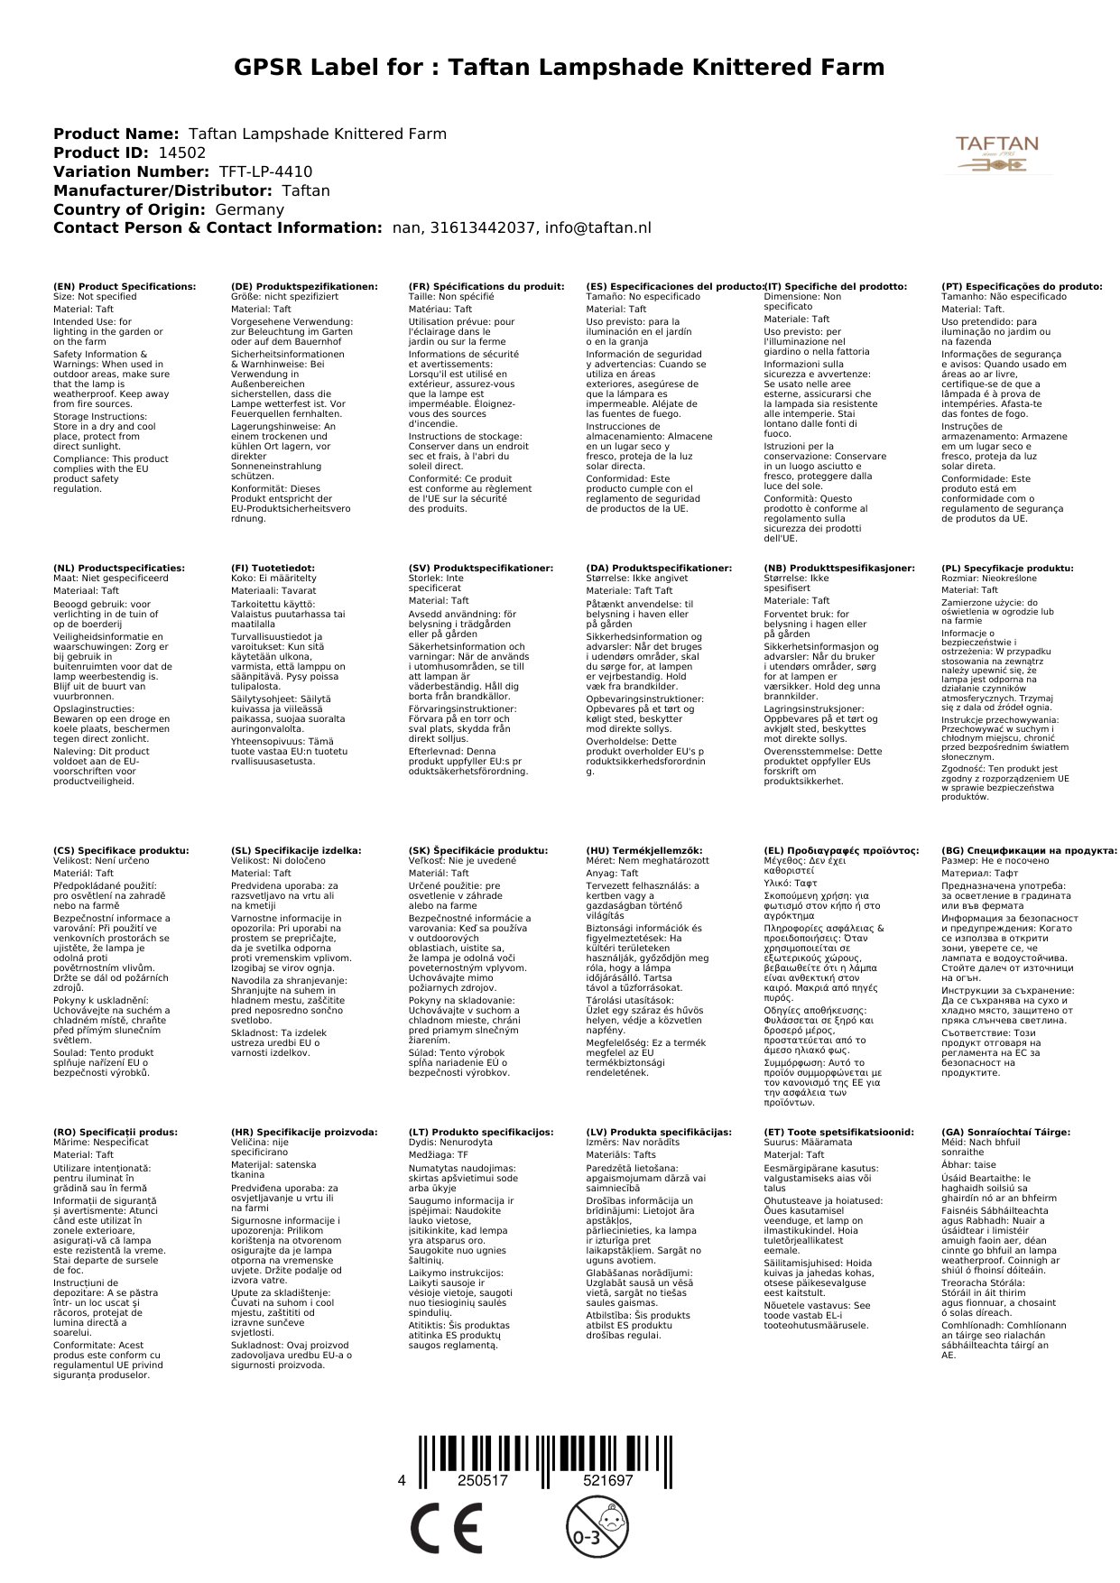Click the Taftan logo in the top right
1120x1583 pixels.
click(996, 154)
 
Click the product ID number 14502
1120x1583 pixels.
click(175, 153)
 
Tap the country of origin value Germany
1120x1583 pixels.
click(249, 210)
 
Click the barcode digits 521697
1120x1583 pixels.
click(607, 1481)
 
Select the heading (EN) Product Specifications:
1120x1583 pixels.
click(125, 287)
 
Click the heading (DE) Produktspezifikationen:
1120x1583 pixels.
click(304, 287)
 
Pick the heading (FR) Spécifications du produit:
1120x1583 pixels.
click(486, 287)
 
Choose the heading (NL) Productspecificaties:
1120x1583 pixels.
click(119, 569)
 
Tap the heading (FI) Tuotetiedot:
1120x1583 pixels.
click(273, 569)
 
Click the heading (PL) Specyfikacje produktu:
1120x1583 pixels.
click(1007, 569)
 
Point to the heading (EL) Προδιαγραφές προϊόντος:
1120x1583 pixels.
click(841, 851)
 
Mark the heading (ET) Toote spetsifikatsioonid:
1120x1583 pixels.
click(838, 1133)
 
